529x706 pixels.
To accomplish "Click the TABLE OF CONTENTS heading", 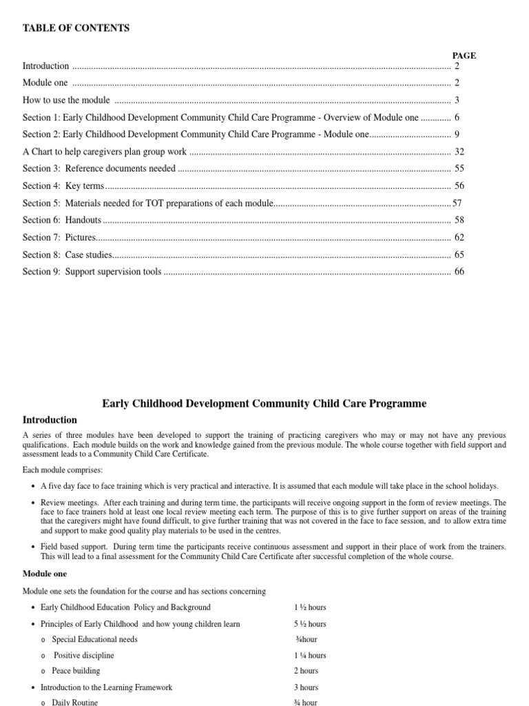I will coord(76,28).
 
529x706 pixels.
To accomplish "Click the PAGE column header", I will coord(464,56).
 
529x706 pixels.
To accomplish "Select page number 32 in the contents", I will coord(459,152).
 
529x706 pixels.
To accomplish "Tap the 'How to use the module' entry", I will coord(66,101).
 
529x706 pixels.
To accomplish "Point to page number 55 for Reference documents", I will coord(459,169).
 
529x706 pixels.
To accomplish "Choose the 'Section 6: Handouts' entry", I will coord(62,221).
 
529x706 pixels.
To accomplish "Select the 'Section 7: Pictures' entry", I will coord(59,238).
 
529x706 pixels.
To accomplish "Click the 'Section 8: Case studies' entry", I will coord(67,255).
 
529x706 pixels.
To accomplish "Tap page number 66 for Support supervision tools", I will coord(459,272).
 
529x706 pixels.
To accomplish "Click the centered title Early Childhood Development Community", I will coord(264,404).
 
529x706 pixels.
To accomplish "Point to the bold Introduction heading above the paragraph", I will coord(50,420).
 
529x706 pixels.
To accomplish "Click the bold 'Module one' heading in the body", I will coord(45,574).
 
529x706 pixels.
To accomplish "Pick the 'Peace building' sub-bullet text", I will coord(76,671).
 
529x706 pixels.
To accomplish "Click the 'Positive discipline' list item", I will coord(83,656).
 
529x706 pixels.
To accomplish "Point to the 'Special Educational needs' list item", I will coord(94,640).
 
